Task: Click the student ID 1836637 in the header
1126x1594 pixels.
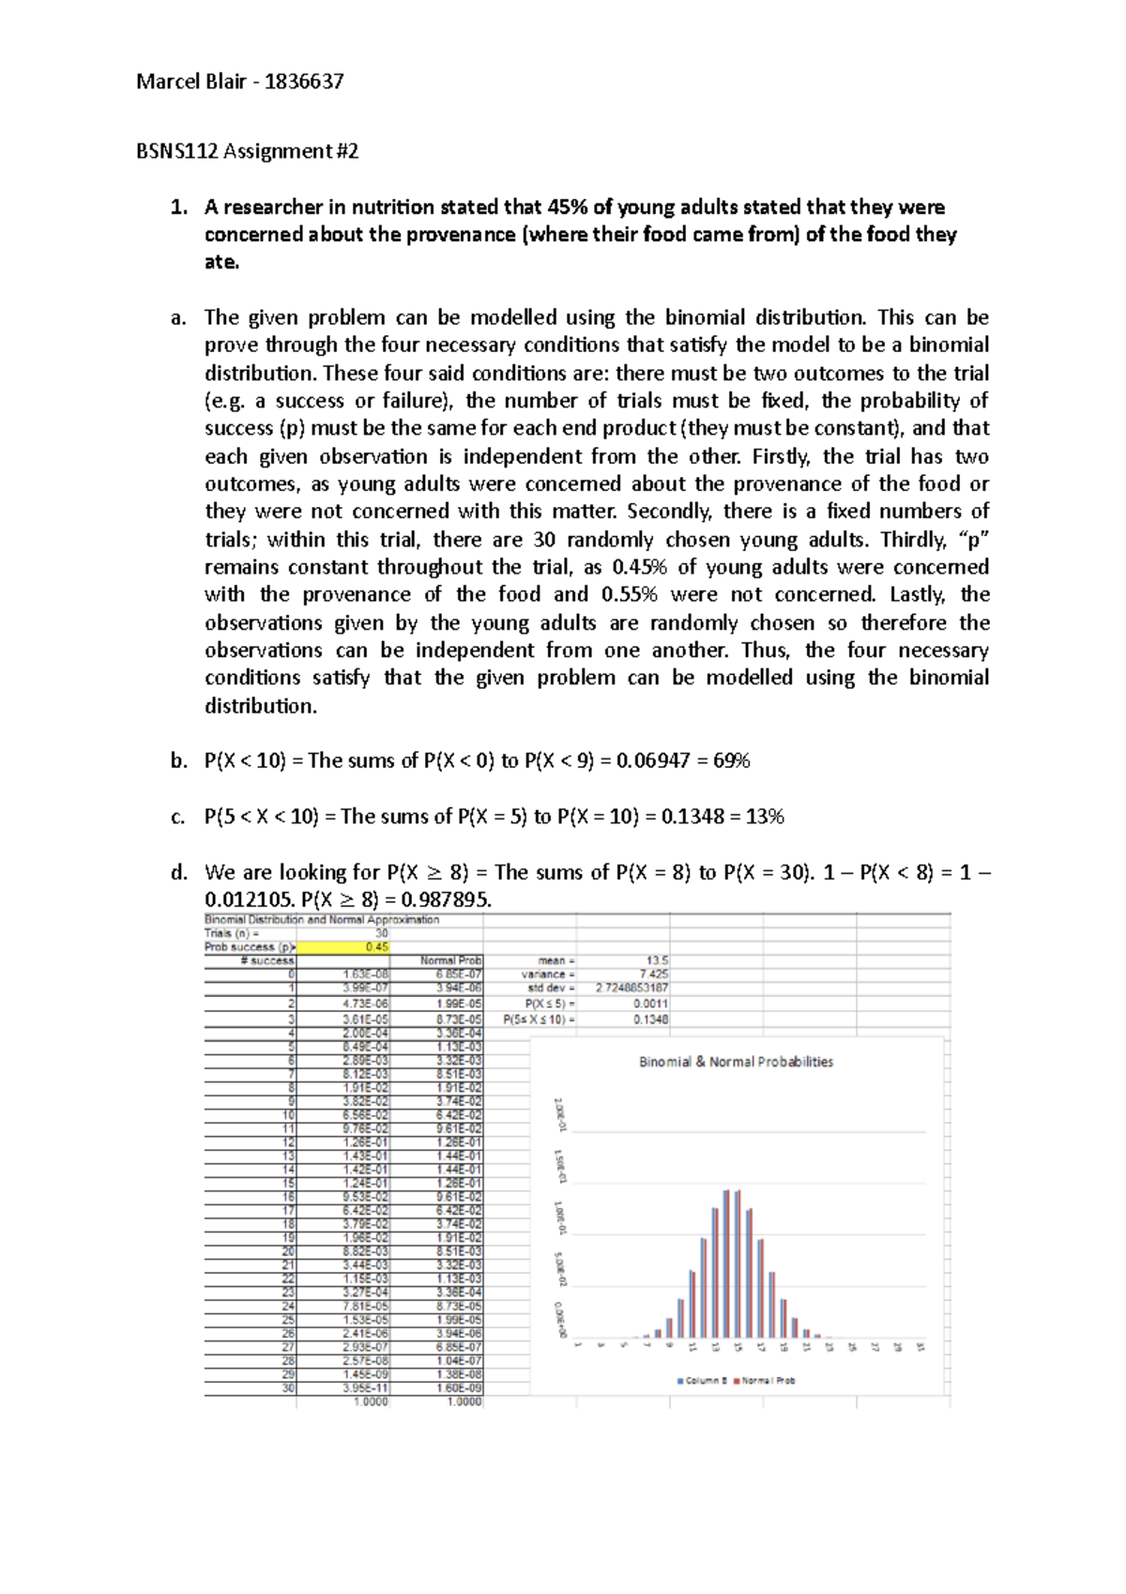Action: point(304,82)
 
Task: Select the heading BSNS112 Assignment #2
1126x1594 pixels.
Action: point(248,151)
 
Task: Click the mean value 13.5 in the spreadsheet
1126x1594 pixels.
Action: point(657,960)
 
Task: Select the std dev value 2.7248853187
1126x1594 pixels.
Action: point(631,989)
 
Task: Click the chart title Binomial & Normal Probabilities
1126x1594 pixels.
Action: point(736,1062)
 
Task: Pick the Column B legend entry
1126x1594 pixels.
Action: point(705,1380)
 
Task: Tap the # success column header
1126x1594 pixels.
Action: point(266,960)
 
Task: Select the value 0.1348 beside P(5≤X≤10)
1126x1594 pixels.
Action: point(650,1019)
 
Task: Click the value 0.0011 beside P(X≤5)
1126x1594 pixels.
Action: point(650,1004)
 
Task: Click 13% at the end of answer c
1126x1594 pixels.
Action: point(764,817)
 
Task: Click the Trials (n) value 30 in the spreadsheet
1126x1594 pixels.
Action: point(381,933)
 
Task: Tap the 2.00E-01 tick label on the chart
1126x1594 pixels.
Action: point(559,1114)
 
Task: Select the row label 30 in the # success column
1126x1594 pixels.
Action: point(288,1387)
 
